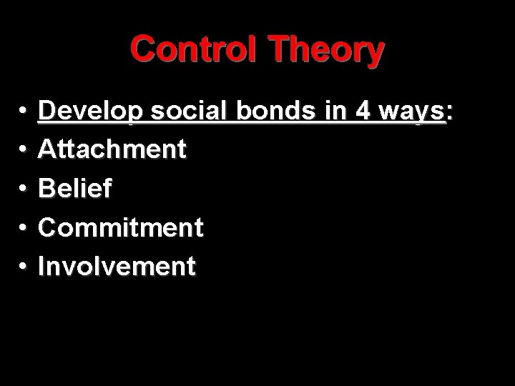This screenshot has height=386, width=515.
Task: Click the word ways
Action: coord(408,112)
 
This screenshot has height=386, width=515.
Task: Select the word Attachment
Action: coord(112,149)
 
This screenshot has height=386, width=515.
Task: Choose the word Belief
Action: coord(74,188)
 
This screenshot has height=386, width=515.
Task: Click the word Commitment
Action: coord(121,227)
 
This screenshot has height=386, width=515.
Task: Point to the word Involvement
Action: coord(117,266)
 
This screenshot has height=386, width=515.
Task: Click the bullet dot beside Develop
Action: coord(24,112)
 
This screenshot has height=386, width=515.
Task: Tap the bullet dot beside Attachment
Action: coord(24,151)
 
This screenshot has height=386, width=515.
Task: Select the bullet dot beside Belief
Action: coord(24,189)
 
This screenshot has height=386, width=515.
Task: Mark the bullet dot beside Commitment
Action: coord(24,228)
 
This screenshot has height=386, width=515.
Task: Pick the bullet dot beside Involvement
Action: coord(24,267)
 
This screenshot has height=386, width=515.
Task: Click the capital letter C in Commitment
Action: coord(48,227)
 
